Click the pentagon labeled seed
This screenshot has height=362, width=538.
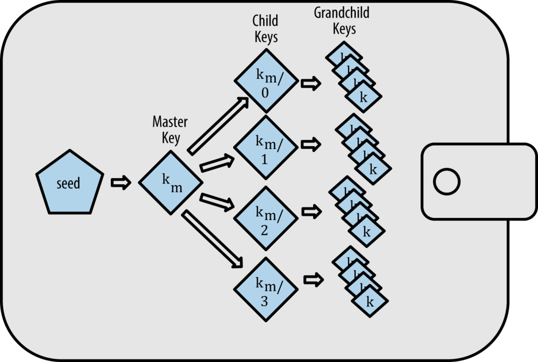pos(68,183)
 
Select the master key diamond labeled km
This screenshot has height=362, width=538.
pos(171,183)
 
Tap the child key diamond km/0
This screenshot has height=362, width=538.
pos(266,81)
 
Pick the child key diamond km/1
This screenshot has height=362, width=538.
pos(266,148)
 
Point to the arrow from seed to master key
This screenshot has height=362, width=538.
pos(121,183)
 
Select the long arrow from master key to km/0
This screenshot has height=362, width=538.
pos(218,126)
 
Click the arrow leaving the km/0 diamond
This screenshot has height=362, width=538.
pos(311,83)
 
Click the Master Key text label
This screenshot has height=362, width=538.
pos(170,130)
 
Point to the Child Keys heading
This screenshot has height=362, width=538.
pos(266,29)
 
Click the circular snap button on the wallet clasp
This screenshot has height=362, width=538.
pos(447,182)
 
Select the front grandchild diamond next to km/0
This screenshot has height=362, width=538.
pos(363,97)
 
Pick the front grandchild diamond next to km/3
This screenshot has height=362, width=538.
pos(369,302)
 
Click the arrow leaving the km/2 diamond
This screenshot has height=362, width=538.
pos(311,212)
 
